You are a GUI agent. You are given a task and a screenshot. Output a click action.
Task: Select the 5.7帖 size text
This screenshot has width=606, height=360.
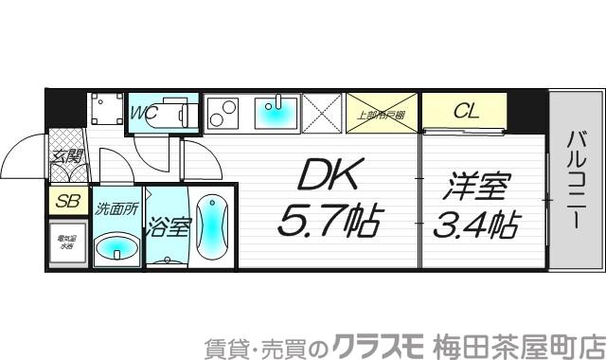pos(328,223)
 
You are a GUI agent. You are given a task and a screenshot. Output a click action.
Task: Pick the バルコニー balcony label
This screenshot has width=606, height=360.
pos(575,179)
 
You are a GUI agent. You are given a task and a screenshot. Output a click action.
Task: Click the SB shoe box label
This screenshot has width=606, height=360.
pos(66,202)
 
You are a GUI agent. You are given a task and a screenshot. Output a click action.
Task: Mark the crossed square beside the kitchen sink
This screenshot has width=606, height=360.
pos(323,113)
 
